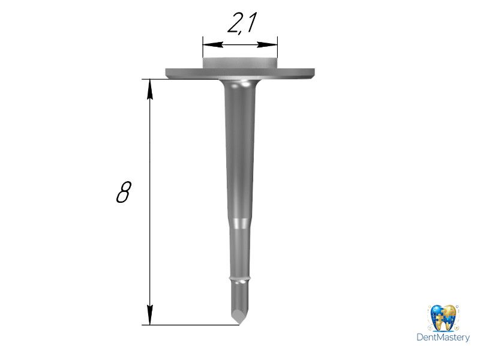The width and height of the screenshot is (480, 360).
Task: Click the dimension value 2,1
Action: pos(241,22)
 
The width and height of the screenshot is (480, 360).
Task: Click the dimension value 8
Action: pos(124,192)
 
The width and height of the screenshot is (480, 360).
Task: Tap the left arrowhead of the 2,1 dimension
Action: pos(212,44)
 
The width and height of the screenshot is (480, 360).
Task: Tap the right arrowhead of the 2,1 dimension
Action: pos(267,44)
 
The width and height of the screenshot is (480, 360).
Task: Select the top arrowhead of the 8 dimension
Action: pos(149,89)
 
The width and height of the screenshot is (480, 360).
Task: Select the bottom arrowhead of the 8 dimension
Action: pos(149,314)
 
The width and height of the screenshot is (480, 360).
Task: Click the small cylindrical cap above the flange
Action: pos(239,63)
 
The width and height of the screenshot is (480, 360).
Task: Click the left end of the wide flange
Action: pos(167,73)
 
